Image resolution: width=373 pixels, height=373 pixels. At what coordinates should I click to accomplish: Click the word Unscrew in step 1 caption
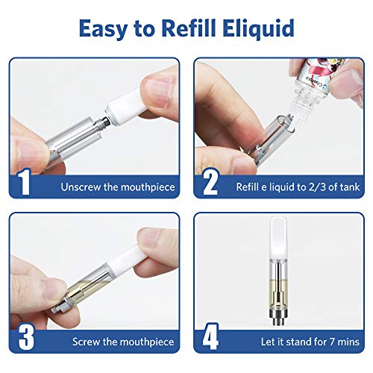(x=80, y=186)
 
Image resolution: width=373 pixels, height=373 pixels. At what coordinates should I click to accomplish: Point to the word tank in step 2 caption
(x=351, y=186)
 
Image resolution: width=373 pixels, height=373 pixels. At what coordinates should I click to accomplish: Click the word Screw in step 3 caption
(x=87, y=342)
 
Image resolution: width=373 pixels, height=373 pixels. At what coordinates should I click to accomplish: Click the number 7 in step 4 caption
(x=325, y=342)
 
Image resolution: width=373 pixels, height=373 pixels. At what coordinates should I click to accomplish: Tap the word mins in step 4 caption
(x=347, y=342)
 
